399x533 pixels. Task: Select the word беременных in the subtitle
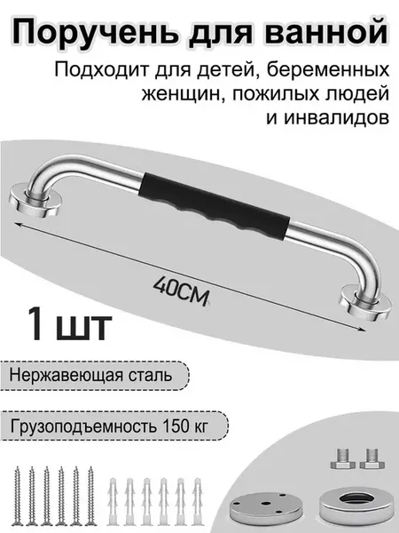328,70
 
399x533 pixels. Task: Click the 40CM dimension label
181,291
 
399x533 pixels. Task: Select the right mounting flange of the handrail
364,303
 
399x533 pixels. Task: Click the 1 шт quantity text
71,323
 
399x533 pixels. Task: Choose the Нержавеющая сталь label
91,376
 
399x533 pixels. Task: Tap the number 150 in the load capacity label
176,426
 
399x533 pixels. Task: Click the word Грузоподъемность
84,426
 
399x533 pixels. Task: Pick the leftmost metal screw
18,496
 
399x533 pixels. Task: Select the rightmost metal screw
90,496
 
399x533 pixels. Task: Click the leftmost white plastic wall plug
113,502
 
